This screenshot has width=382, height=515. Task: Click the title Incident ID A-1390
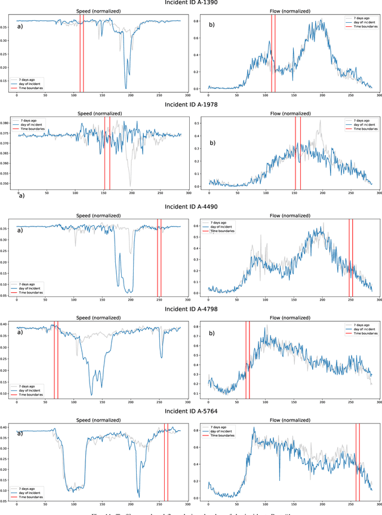tap(191, 3)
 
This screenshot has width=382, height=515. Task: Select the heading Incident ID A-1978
tap(191, 104)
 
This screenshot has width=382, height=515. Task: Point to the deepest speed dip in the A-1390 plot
tap(125, 88)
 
